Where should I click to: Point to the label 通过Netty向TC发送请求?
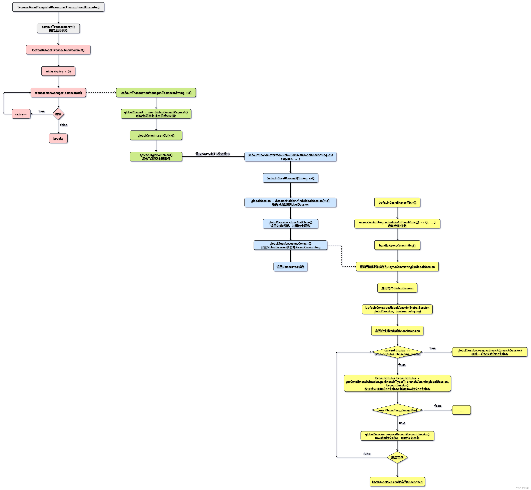212,154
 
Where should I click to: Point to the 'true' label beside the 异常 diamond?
41,111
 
